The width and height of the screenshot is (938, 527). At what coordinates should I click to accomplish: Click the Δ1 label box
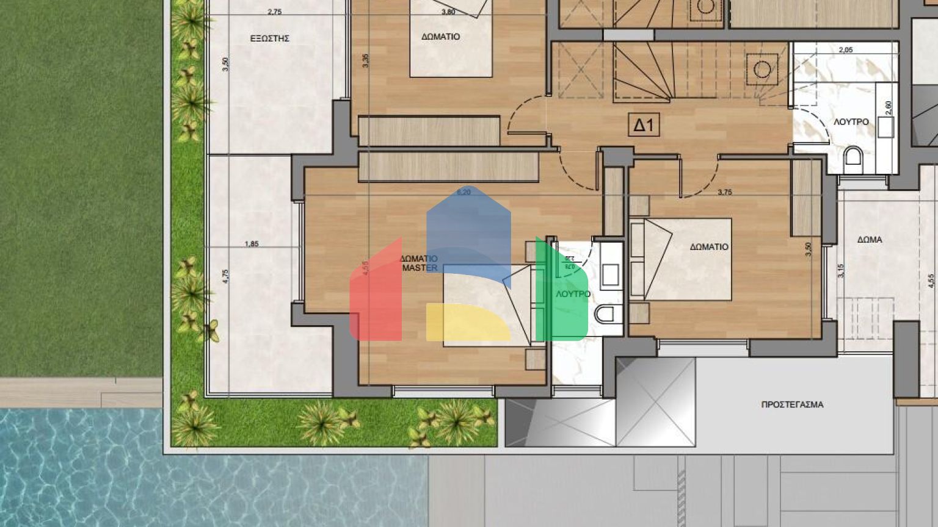point(644,126)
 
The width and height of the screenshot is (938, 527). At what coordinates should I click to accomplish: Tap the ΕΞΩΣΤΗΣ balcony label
point(269,38)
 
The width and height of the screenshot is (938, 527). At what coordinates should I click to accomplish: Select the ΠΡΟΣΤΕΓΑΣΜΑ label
point(792,404)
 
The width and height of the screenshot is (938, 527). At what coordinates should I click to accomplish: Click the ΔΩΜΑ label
point(869,240)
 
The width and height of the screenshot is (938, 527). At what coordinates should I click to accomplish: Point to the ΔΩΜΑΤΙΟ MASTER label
point(419,263)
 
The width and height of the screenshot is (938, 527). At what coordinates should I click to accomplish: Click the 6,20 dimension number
point(464,192)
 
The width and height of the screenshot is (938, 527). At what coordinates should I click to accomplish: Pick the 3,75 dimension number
point(725,192)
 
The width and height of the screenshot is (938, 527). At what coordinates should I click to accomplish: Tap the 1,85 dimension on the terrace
point(252,244)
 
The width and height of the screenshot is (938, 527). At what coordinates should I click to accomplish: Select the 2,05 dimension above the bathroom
point(846,50)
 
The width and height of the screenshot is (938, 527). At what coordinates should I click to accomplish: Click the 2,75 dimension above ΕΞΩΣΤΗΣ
point(275,12)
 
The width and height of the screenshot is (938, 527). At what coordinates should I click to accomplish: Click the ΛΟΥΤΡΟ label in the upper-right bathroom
point(851,122)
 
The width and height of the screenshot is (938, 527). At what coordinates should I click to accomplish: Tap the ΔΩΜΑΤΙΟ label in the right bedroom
point(709,247)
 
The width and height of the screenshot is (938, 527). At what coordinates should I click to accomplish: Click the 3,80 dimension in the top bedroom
point(448,12)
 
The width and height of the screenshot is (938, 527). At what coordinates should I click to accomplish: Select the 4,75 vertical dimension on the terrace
point(225,276)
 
